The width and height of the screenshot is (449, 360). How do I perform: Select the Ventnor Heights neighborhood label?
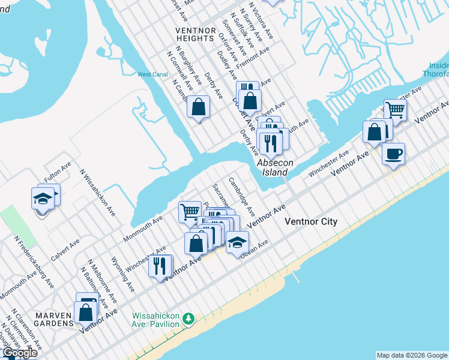point(194,34)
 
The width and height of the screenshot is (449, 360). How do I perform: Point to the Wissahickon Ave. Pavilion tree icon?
point(189,317)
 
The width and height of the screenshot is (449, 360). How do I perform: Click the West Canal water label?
point(152,75)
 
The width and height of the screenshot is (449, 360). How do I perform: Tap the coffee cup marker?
point(393,154)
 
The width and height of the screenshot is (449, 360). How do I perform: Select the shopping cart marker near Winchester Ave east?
point(395,110)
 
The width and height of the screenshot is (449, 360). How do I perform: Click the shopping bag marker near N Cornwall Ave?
point(199,107)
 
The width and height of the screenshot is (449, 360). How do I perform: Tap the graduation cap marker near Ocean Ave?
point(237,242)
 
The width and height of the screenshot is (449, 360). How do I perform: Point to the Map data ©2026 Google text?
point(412,355)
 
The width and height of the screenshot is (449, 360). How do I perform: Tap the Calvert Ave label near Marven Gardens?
point(65,250)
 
